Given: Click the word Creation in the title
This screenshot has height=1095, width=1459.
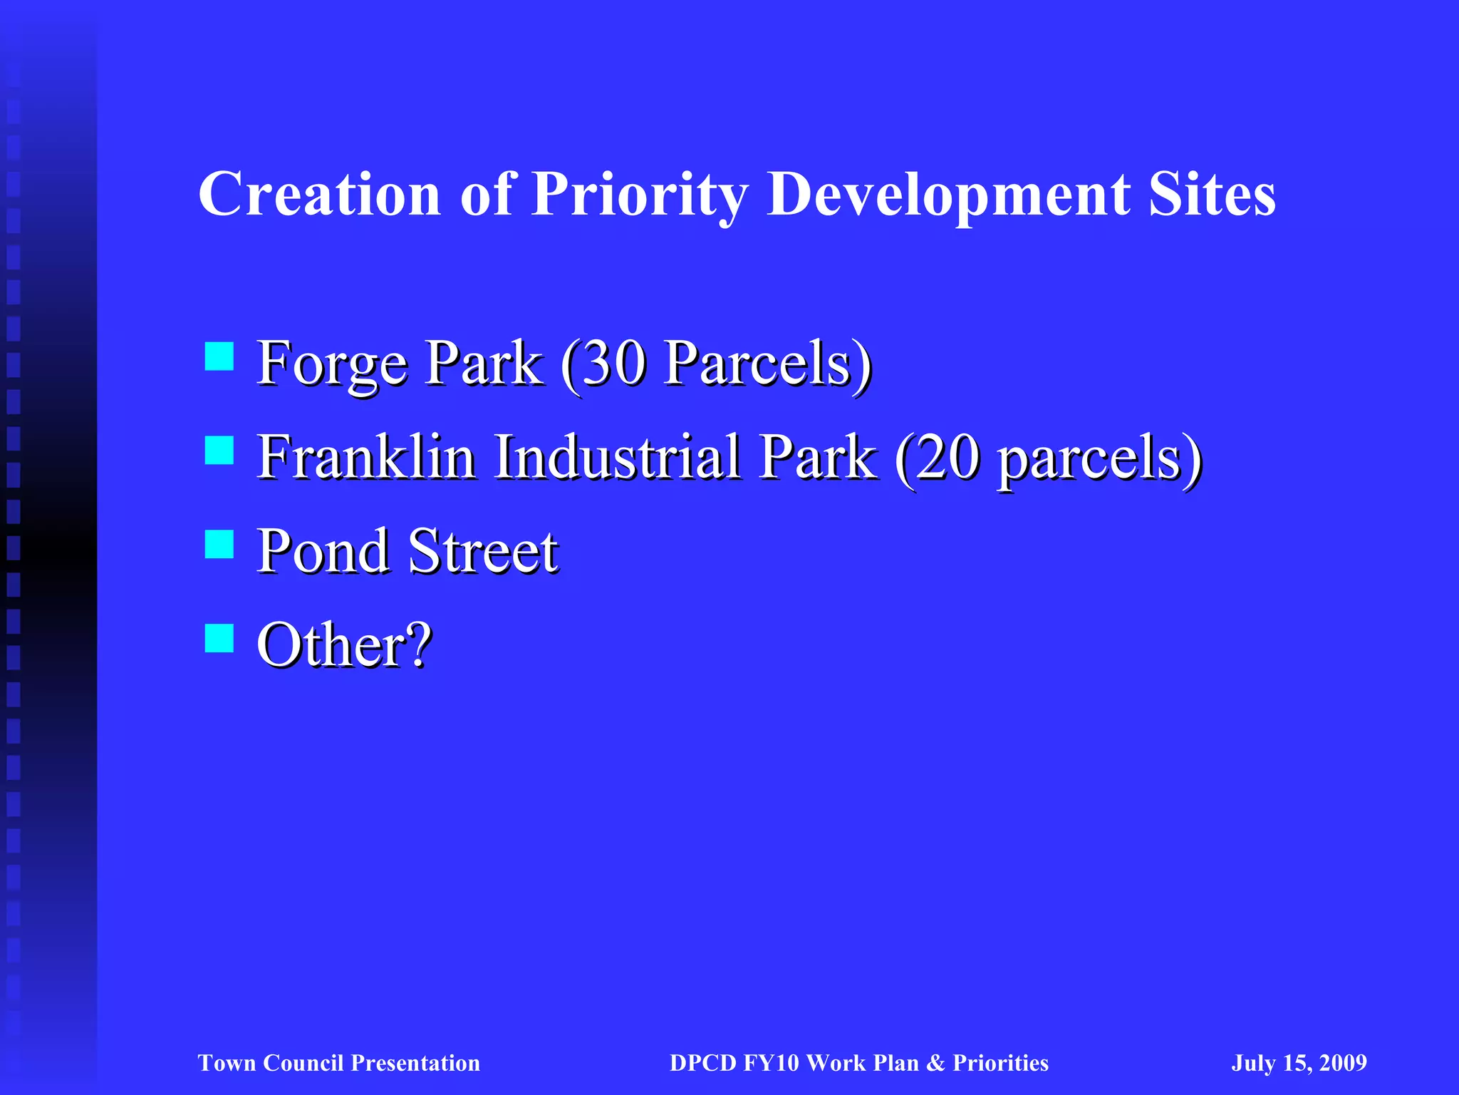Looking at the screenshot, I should [x=319, y=194].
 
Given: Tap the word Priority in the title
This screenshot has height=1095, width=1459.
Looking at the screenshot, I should [x=639, y=194].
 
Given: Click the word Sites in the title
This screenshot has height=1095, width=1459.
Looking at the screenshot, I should [x=1211, y=194].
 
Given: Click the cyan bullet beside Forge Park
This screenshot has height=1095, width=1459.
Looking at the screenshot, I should [x=219, y=356].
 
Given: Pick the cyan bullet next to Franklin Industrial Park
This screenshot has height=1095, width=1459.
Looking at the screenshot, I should [x=219, y=451].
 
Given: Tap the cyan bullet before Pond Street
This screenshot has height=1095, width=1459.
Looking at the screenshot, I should [x=219, y=544].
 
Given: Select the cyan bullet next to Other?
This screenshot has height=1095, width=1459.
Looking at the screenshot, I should [x=219, y=638].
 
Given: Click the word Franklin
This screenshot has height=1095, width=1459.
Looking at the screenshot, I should [x=366, y=458].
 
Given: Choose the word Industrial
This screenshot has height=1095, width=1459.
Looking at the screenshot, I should [x=617, y=458].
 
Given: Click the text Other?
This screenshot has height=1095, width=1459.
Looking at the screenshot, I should [x=344, y=645].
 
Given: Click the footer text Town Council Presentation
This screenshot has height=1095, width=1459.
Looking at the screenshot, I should [x=338, y=1063].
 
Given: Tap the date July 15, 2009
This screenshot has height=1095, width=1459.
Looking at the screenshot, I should [x=1299, y=1063].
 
